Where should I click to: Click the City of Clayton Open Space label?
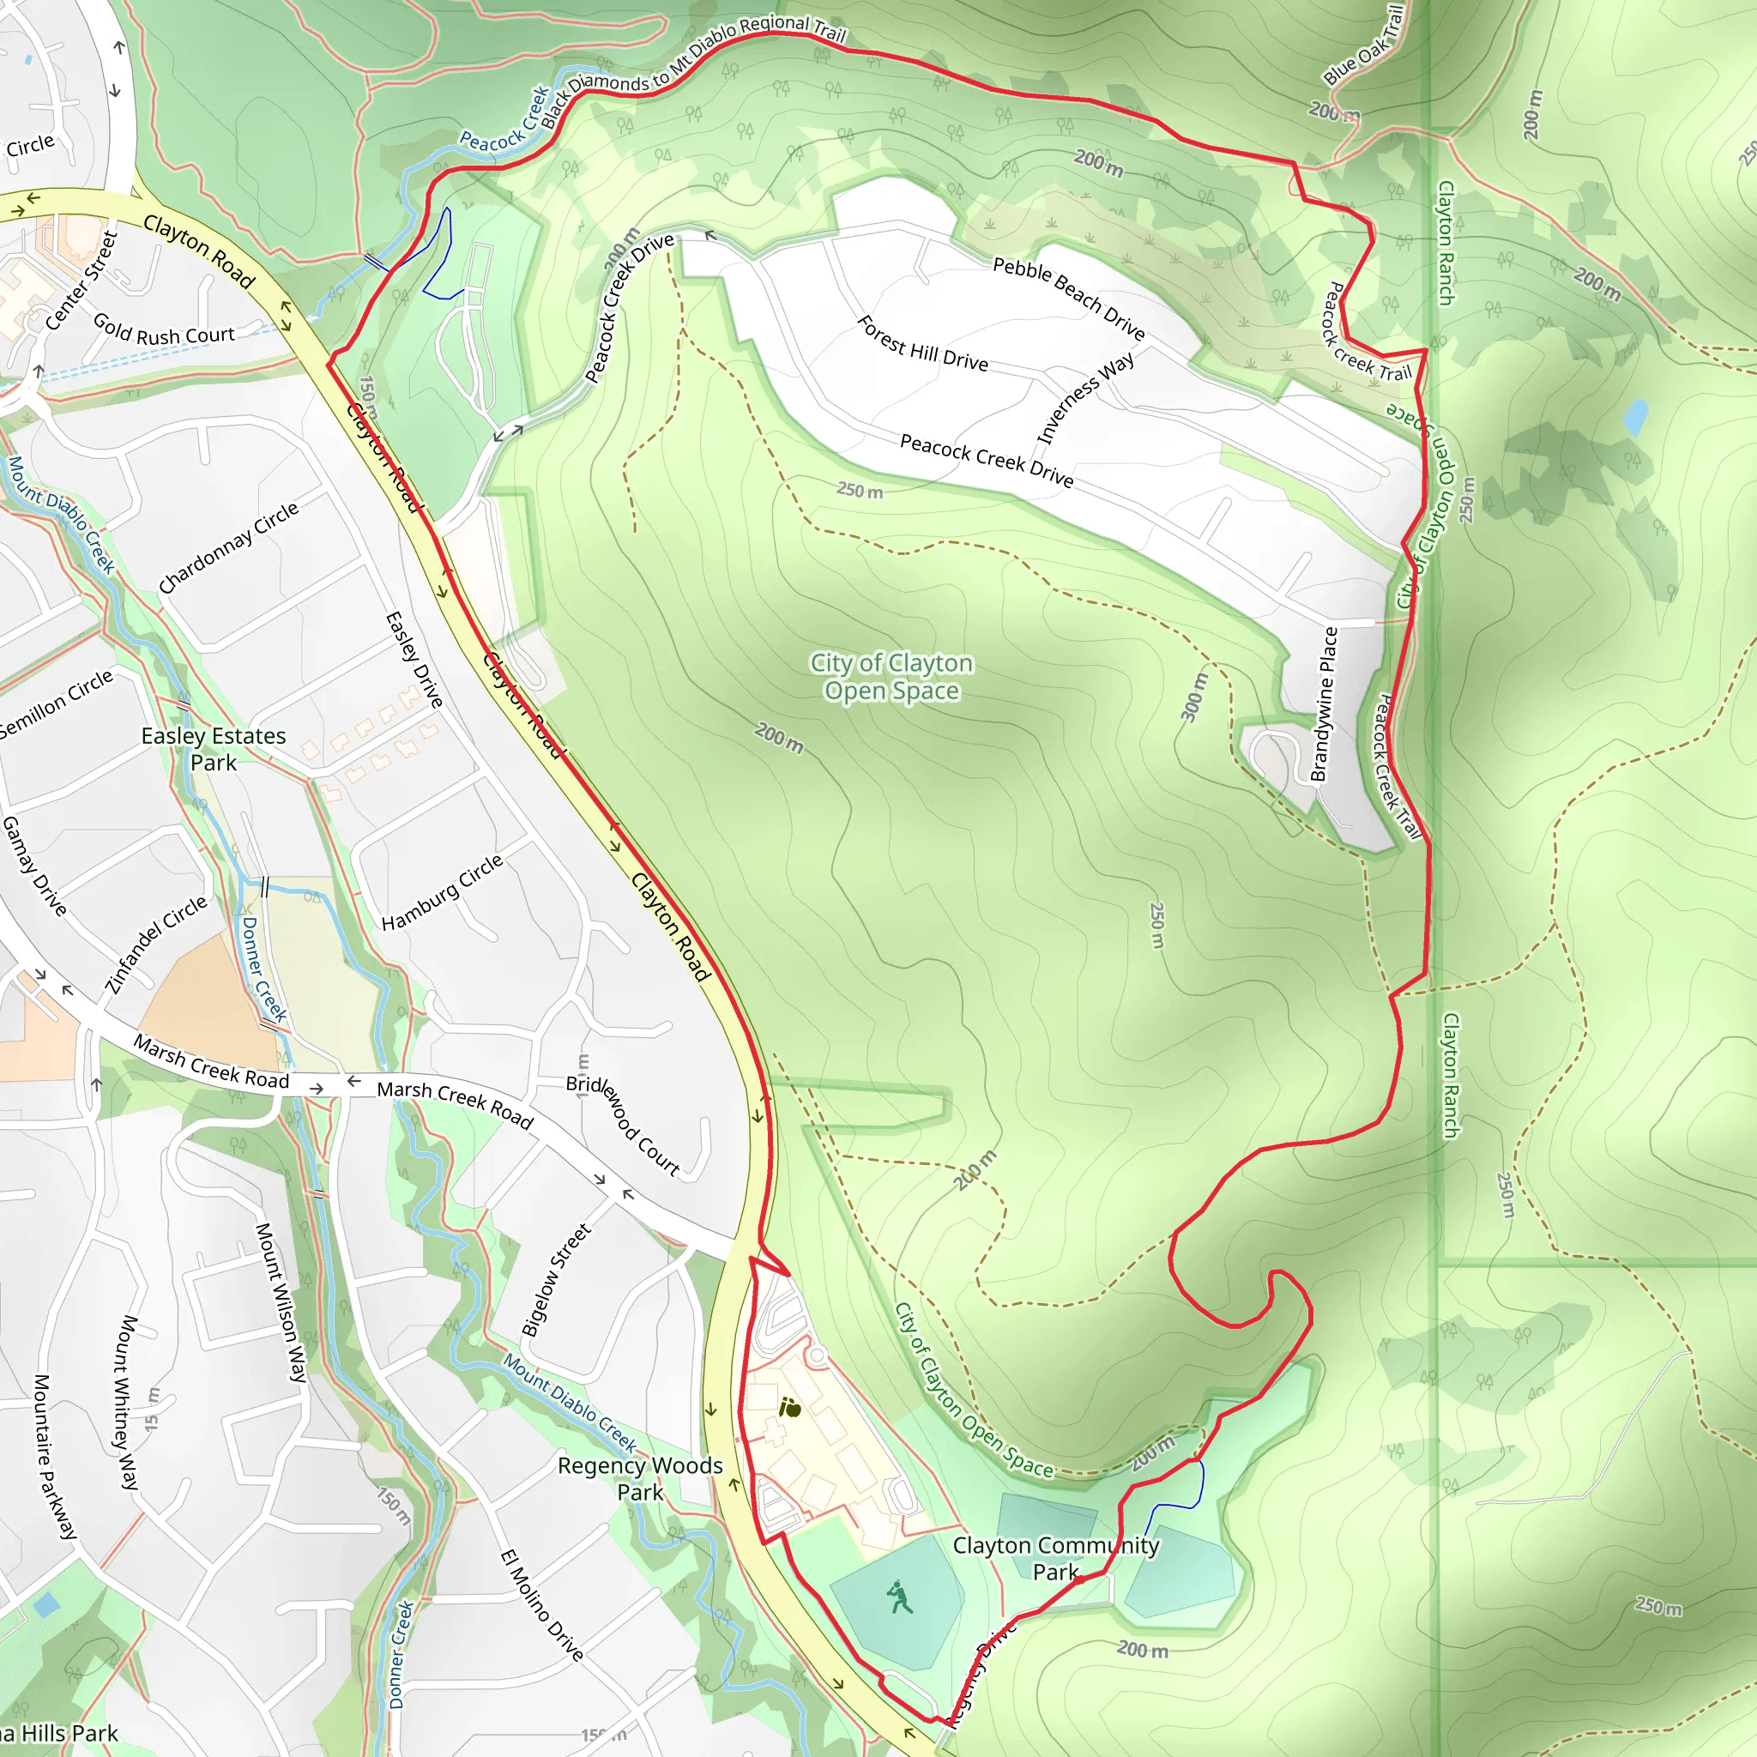[x=891, y=677]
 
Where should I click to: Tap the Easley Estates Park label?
[x=214, y=748]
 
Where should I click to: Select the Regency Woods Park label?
[x=640, y=1478]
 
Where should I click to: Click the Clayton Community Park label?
[x=1055, y=1558]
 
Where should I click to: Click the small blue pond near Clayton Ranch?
[x=1634, y=418]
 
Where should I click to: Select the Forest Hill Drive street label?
[x=922, y=344]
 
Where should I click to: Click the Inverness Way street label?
[x=1085, y=397]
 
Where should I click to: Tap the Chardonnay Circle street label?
[x=227, y=548]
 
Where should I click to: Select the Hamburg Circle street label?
[x=442, y=893]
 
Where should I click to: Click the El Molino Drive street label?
[x=542, y=1606]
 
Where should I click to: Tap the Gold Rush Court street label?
[x=164, y=330]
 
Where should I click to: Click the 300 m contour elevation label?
[x=1195, y=697]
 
